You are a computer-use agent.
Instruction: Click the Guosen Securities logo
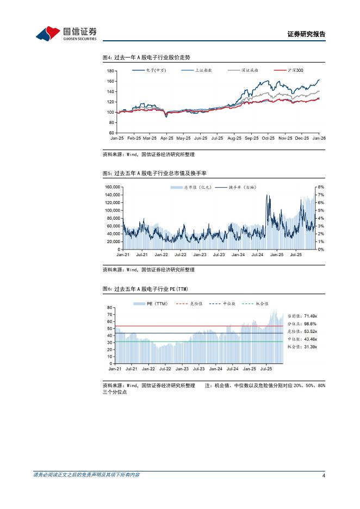[66, 33]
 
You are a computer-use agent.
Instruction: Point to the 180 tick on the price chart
[110, 71]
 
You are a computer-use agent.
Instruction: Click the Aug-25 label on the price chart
[234, 139]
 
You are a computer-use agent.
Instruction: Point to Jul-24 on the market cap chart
[257, 254]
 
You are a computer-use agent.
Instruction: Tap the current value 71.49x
[310, 315]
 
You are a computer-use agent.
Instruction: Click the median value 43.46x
[310, 339]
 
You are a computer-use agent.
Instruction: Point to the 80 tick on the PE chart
[110, 308]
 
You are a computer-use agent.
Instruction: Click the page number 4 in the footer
[324, 475]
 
